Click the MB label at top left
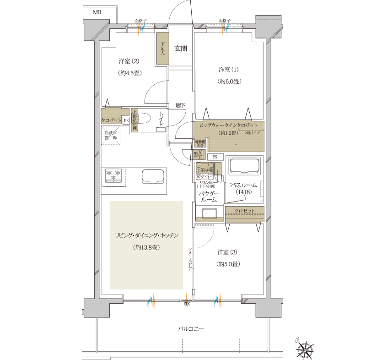[x=97, y=12]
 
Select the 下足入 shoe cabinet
[x=162, y=49]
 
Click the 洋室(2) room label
[x=129, y=61]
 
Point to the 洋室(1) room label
[x=229, y=70]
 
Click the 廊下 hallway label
[x=181, y=105]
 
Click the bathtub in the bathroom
[x=244, y=167]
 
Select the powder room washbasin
[x=210, y=213]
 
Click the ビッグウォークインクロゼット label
[x=228, y=125]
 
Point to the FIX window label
[x=187, y=304]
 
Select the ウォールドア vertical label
[x=190, y=259]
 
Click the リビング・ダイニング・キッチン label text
[x=146, y=235]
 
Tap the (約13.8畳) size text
[x=146, y=247]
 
